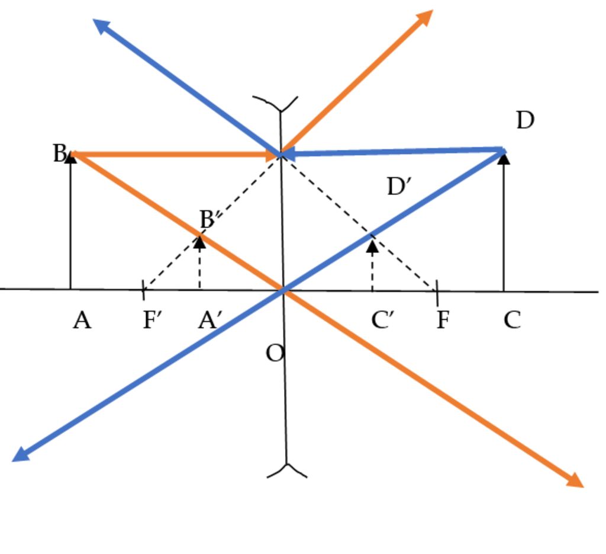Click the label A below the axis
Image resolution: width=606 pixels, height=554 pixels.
[82, 321]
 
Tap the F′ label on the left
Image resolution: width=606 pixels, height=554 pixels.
[153, 321]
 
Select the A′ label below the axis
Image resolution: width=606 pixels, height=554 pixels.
[210, 321]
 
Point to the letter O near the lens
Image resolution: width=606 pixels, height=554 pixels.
[275, 354]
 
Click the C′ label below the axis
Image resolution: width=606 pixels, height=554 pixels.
[383, 321]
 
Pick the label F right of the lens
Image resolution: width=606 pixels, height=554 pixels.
[443, 321]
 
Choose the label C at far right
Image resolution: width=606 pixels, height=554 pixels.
[512, 321]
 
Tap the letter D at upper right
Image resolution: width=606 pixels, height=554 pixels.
[525, 120]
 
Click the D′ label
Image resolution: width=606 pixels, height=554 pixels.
[399, 187]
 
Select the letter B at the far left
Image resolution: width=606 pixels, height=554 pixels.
[59, 153]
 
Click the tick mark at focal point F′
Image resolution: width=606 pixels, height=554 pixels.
[144, 290]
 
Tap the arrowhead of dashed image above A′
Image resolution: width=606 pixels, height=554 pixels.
[200, 241]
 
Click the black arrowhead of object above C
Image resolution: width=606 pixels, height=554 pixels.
[504, 157]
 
